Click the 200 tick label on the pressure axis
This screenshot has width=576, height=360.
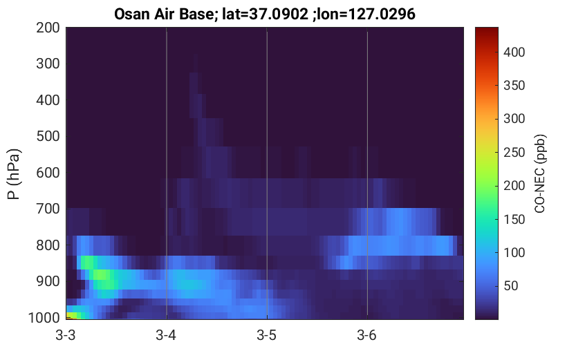[x=48, y=28]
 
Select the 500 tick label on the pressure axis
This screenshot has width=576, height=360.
[x=48, y=136]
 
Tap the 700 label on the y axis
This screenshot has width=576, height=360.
[x=48, y=209]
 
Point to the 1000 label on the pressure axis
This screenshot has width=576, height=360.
[x=44, y=318]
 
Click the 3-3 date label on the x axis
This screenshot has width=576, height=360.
[x=66, y=335]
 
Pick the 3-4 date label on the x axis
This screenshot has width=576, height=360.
[x=166, y=335]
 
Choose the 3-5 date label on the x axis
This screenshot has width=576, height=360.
[x=266, y=335]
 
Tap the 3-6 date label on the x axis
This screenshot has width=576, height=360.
[x=366, y=335]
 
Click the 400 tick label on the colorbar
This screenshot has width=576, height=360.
[x=514, y=52]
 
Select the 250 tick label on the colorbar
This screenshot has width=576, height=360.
[x=514, y=152]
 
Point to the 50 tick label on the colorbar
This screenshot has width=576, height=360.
[x=510, y=286]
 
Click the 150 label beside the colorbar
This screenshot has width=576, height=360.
[x=514, y=219]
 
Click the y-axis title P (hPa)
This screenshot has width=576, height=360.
[x=14, y=174]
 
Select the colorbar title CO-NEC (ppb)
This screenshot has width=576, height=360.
[x=540, y=173]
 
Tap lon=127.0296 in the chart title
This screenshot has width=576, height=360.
[x=364, y=15]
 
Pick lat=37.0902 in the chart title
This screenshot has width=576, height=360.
[x=266, y=15]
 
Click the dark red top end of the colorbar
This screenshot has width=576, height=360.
[x=487, y=30]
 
